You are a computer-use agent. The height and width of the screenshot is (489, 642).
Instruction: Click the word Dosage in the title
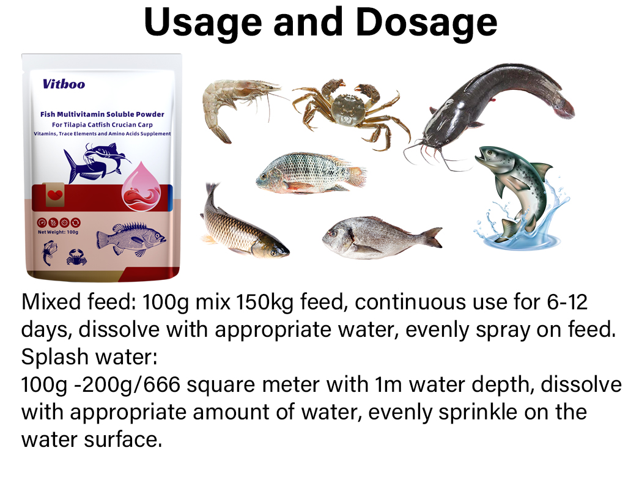(x=426, y=23)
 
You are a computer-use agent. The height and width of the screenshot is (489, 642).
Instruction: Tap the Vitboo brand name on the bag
(x=64, y=84)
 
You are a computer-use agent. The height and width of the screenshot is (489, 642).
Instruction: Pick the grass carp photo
(x=242, y=223)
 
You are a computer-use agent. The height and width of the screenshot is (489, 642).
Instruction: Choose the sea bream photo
(x=379, y=237)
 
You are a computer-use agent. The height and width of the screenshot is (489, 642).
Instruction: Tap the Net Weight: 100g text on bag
(x=59, y=232)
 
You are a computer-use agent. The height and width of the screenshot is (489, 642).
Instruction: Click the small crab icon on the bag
(x=76, y=256)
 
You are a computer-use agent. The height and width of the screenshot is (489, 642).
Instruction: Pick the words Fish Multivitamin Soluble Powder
(x=102, y=114)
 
